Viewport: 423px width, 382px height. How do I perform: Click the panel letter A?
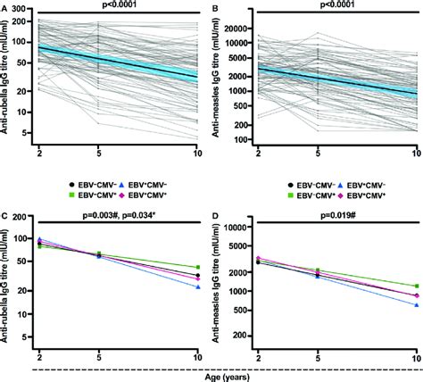4,6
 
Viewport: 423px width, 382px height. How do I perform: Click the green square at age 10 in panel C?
196,268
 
